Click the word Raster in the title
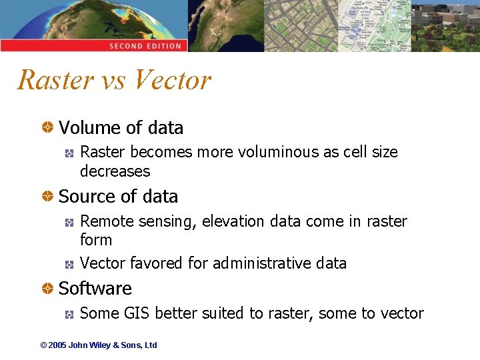click(x=56, y=80)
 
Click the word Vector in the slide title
click(x=172, y=80)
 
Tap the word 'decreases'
click(x=115, y=171)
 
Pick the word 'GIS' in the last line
click(x=139, y=313)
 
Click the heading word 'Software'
click(x=95, y=289)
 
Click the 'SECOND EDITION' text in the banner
click(x=145, y=46)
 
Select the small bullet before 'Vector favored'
click(x=69, y=264)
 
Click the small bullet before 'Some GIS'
click(x=69, y=313)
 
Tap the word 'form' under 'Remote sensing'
click(x=96, y=240)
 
